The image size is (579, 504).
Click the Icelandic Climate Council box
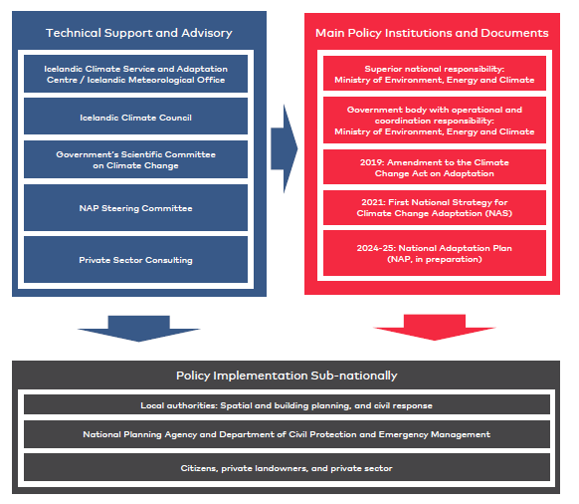[x=135, y=117]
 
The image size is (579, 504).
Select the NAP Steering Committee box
[x=135, y=208]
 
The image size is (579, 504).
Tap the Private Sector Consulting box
[x=135, y=260]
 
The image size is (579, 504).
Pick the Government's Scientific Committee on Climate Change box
[x=135, y=159]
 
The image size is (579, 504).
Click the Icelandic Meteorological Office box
[x=135, y=74]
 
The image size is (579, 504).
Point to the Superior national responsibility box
[x=434, y=74]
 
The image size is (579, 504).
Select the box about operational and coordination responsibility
[x=434, y=121]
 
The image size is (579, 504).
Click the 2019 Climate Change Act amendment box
[x=434, y=166]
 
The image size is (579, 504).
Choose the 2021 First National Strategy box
[x=434, y=207]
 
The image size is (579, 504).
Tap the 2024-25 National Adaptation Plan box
[x=434, y=253]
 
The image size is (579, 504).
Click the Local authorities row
[x=287, y=404]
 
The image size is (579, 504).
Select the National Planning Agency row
[x=287, y=434]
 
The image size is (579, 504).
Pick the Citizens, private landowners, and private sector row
[x=287, y=467]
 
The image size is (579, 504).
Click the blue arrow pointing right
[x=284, y=149]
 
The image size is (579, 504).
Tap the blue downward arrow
[x=139, y=329]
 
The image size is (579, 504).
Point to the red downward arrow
[x=434, y=328]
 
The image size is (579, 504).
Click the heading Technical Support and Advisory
[x=139, y=33]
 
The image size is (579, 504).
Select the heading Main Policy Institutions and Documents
[x=432, y=33]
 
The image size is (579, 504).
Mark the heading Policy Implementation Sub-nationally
[x=287, y=376]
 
